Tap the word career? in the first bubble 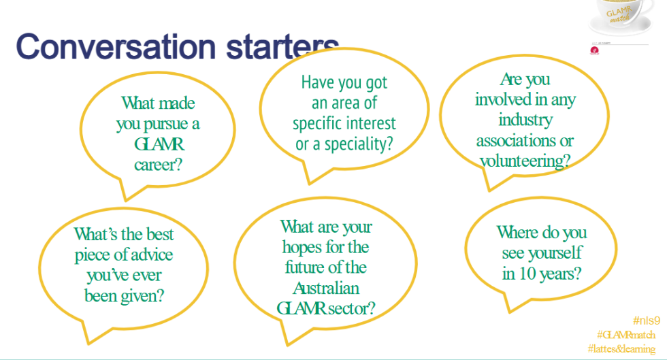158,163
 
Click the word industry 525,120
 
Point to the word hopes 305,246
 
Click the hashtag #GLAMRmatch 626,334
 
